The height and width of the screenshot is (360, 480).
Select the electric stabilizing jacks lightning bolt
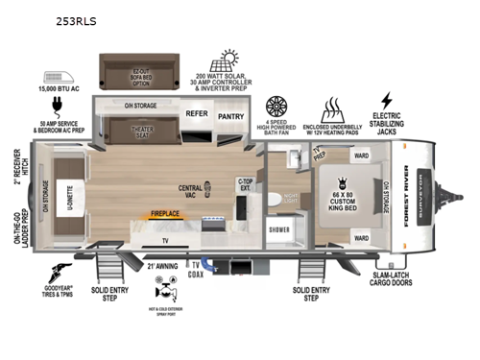click(387, 100)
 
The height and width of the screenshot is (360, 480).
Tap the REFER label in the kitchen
click(197, 113)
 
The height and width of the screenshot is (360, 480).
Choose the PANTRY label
click(230, 117)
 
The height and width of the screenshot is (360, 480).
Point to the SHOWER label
click(279, 229)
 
